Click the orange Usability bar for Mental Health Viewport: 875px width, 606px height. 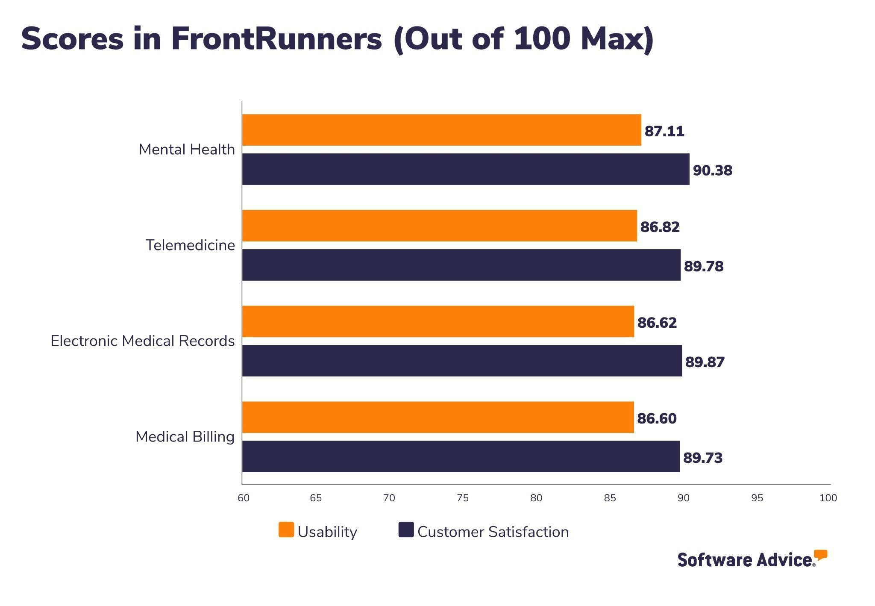[x=441, y=130]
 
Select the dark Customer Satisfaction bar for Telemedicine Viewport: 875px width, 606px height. [x=461, y=265]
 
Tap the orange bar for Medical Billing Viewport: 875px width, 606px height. [x=437, y=417]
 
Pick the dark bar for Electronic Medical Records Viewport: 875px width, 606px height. [x=461, y=361]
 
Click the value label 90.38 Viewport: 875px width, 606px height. [x=712, y=171]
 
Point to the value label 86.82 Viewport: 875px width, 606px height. [x=660, y=227]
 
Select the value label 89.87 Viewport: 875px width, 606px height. [x=705, y=362]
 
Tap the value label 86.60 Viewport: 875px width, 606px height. [x=657, y=418]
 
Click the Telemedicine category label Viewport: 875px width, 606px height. [x=190, y=245]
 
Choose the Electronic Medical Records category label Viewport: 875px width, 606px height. [x=143, y=341]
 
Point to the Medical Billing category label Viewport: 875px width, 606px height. [x=185, y=437]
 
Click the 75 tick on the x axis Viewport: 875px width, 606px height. [x=463, y=498]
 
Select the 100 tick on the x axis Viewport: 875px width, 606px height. [x=828, y=498]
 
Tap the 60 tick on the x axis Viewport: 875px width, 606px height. [x=244, y=498]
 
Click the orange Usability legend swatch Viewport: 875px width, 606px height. [x=286, y=530]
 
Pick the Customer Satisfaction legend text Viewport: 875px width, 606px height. [x=493, y=532]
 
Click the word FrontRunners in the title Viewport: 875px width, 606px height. [x=276, y=39]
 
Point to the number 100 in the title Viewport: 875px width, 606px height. [x=542, y=39]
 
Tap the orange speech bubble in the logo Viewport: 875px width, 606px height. [x=820, y=555]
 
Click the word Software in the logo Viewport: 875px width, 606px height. [x=715, y=560]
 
